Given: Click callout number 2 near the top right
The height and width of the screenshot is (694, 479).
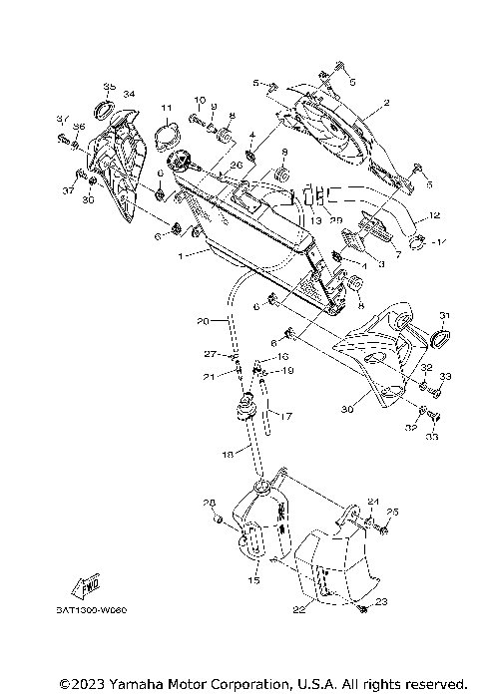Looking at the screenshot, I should tap(385, 103).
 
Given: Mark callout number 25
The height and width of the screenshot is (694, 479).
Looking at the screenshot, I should tap(392, 512).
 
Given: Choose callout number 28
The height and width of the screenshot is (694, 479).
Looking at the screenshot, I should tap(210, 502).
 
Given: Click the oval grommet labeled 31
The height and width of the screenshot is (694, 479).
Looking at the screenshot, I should tap(437, 341).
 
